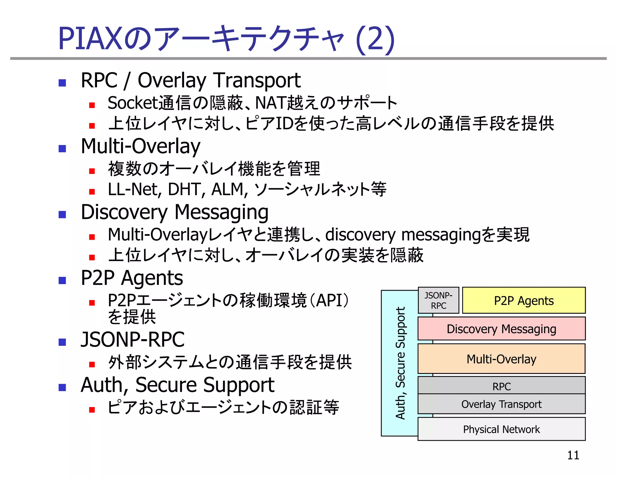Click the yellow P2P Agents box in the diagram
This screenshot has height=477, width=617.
pos(524,301)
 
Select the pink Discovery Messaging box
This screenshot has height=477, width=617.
pos(501,329)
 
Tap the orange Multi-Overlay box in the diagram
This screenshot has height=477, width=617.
pos(501,359)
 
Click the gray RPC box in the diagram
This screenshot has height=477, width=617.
pos(501,386)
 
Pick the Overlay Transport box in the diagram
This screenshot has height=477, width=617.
pos(501,404)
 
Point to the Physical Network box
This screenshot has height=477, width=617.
pos(501,429)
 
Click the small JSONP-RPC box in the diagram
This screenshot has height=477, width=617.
pos(438,300)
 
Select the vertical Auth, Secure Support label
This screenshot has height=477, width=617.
pos(400,363)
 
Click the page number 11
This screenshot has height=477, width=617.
pos(573,455)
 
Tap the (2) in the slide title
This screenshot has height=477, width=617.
pos(375,39)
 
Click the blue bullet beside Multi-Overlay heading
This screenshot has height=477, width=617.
pos(62,148)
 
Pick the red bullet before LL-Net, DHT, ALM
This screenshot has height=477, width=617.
pos(92,191)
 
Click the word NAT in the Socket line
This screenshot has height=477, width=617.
pos(270,103)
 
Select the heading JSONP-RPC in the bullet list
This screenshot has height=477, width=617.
pos(133,340)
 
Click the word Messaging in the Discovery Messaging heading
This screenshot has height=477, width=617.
pos(221,213)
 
